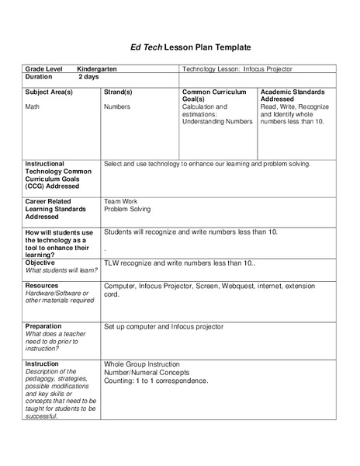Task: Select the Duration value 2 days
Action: (89, 78)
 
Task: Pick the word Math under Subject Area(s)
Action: (33, 106)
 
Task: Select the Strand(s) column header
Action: (118, 92)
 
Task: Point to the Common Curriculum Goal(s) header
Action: (213, 96)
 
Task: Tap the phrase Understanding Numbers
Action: (216, 121)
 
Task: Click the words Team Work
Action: (120, 201)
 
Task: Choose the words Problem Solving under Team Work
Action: (126, 209)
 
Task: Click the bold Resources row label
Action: (43, 286)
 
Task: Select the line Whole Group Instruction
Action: (141, 363)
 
